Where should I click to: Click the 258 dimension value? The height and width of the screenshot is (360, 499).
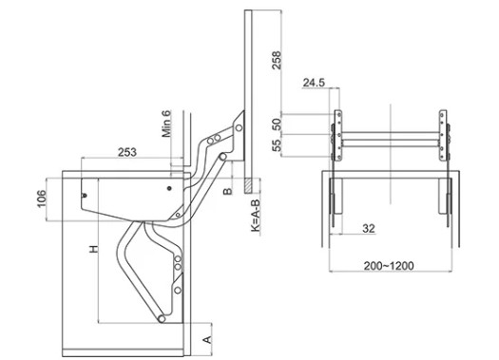pos(277,60)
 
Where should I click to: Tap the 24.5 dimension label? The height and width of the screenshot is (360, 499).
pos(314,83)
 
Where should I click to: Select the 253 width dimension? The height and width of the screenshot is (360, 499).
pos(127,152)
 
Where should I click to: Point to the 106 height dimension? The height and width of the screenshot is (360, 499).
pos(42,199)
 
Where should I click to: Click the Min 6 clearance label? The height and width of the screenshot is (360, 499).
pos(166,123)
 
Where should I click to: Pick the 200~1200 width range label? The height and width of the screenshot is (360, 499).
pos(389,265)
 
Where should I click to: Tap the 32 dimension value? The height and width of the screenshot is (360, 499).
pos(369,228)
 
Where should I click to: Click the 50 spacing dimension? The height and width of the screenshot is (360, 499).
pos(278,123)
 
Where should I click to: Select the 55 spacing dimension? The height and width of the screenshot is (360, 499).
pos(278,145)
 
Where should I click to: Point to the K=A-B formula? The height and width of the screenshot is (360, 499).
pos(257,216)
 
